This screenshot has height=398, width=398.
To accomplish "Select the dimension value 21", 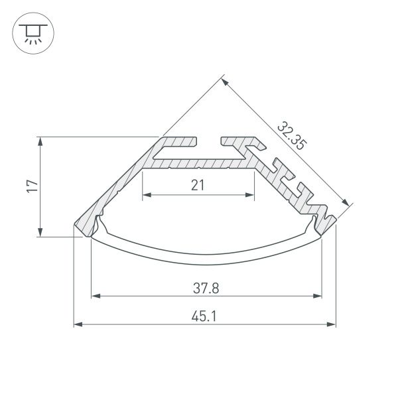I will [x=198, y=185].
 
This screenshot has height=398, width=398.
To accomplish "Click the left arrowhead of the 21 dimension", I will [x=146, y=195].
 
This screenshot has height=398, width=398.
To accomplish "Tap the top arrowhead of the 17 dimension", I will [x=41, y=141].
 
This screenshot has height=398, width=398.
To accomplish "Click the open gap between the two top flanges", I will [x=209, y=142].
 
